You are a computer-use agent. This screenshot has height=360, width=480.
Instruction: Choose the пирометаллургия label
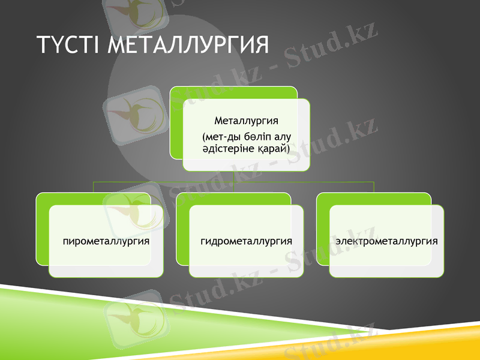click(x=106, y=241)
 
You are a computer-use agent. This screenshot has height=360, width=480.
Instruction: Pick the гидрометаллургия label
click(x=246, y=241)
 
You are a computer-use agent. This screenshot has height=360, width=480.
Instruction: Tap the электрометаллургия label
click(x=386, y=241)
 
